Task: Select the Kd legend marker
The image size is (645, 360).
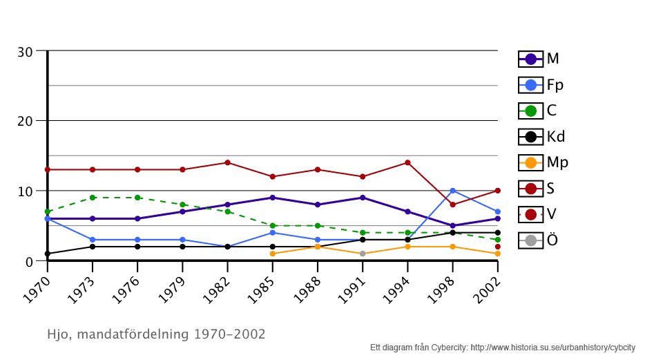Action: [x=531, y=137]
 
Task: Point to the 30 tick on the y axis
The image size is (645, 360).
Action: [x=25, y=52]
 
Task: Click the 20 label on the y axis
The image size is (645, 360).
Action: [x=25, y=121]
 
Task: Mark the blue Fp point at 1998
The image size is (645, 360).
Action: [x=452, y=191]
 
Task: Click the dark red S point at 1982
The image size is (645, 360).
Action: [x=227, y=162]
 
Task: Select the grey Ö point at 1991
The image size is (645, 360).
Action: [x=363, y=254]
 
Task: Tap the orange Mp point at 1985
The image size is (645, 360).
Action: [x=273, y=254]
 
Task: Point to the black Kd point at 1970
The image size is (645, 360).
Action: [x=48, y=254]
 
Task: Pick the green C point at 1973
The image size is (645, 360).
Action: [x=93, y=198]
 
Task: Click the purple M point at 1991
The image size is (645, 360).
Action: [x=363, y=198]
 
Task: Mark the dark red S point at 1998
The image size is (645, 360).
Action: [x=452, y=205]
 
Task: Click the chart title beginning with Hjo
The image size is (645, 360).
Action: [x=156, y=334]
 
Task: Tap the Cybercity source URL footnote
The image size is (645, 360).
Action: [x=552, y=348]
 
